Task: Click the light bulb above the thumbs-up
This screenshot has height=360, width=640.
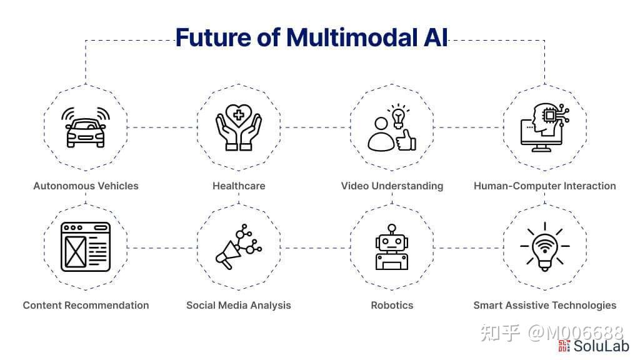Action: tap(398, 116)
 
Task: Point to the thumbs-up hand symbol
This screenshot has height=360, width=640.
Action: tap(406, 140)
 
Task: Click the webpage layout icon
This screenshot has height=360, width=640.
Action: tap(86, 247)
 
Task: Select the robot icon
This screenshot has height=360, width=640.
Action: tap(392, 247)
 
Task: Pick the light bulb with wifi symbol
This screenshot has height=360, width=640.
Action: tap(545, 247)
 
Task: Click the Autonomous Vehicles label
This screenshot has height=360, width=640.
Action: tap(86, 186)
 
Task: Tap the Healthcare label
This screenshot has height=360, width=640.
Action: tap(239, 186)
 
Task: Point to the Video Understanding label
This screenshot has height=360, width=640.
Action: tap(392, 186)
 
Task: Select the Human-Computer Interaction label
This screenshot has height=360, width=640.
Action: tap(545, 186)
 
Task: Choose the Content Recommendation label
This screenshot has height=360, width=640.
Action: tap(86, 305)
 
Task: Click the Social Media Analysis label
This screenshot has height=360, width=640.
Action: tap(239, 305)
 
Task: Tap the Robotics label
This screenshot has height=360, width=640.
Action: tap(392, 305)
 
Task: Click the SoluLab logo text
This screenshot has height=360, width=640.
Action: tap(601, 346)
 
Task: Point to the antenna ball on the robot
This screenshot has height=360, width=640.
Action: tap(392, 227)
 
